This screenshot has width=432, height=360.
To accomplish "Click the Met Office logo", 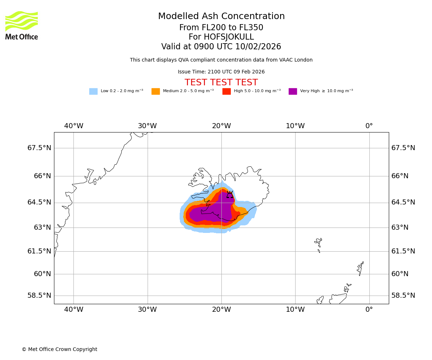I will pyautogui.click(x=22, y=25).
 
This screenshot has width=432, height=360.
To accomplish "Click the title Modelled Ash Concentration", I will pyautogui.click(x=221, y=17).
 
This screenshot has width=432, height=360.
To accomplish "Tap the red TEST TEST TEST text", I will pyautogui.click(x=221, y=83).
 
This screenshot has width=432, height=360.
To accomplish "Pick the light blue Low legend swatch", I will pyautogui.click(x=93, y=91).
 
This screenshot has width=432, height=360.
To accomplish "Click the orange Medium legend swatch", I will pyautogui.click(x=156, y=91).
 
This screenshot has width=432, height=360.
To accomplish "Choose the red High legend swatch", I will pyautogui.click(x=226, y=91).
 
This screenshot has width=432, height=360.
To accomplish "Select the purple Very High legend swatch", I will pyautogui.click(x=293, y=91).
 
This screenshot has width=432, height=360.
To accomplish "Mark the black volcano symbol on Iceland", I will pyautogui.click(x=230, y=195).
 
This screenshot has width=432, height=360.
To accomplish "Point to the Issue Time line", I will pyautogui.click(x=221, y=72).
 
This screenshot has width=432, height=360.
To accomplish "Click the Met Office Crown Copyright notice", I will pyautogui.click(x=59, y=350).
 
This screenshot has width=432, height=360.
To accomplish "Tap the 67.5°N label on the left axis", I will pyautogui.click(x=39, y=148).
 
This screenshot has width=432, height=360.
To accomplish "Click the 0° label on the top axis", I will pyautogui.click(x=369, y=126).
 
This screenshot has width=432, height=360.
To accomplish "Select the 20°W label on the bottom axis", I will pyautogui.click(x=221, y=309).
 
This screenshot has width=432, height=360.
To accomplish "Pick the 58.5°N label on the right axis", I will pyautogui.click(x=403, y=296).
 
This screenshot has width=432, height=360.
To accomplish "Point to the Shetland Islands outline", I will pyautogui.click(x=360, y=268).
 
